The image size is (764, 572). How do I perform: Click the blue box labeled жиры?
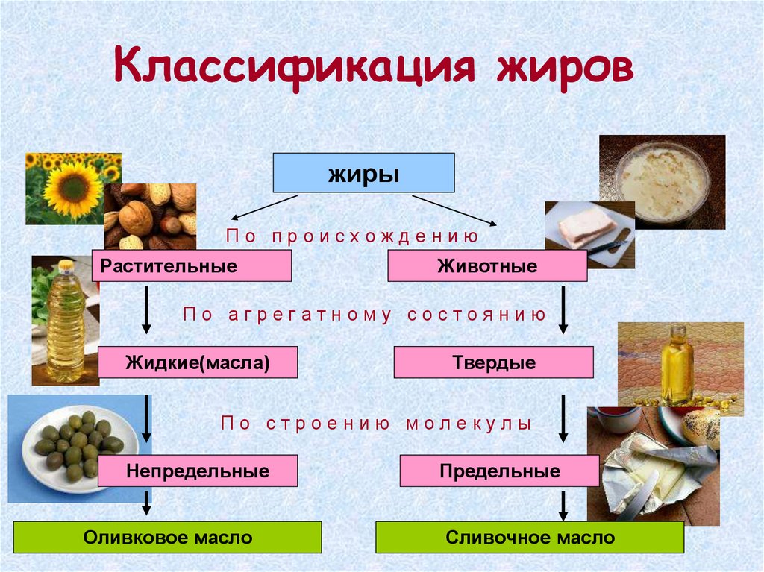click(363, 173)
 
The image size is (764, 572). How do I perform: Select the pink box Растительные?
click(191, 265)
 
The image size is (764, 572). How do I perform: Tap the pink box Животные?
click(487, 265)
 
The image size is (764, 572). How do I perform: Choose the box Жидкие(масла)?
click(198, 362)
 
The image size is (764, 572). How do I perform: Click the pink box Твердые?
click(493, 362)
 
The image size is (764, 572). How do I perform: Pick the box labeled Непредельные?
click(198, 471)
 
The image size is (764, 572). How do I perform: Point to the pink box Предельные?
click(499, 471)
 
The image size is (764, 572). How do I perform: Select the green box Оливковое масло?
click(168, 537)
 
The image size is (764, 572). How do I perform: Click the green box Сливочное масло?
click(530, 537)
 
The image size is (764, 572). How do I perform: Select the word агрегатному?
click(314, 314)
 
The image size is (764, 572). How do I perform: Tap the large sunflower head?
click(72, 189)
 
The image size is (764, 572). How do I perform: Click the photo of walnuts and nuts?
click(151, 217)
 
